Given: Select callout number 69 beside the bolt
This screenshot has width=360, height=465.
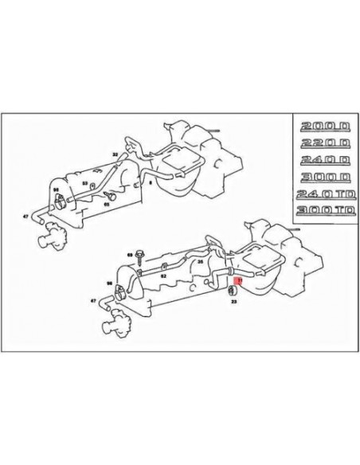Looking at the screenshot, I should click(131, 248).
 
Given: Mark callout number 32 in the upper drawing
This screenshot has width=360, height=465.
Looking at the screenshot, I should click(116, 154).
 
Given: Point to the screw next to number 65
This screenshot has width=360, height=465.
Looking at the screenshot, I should click(112, 195).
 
